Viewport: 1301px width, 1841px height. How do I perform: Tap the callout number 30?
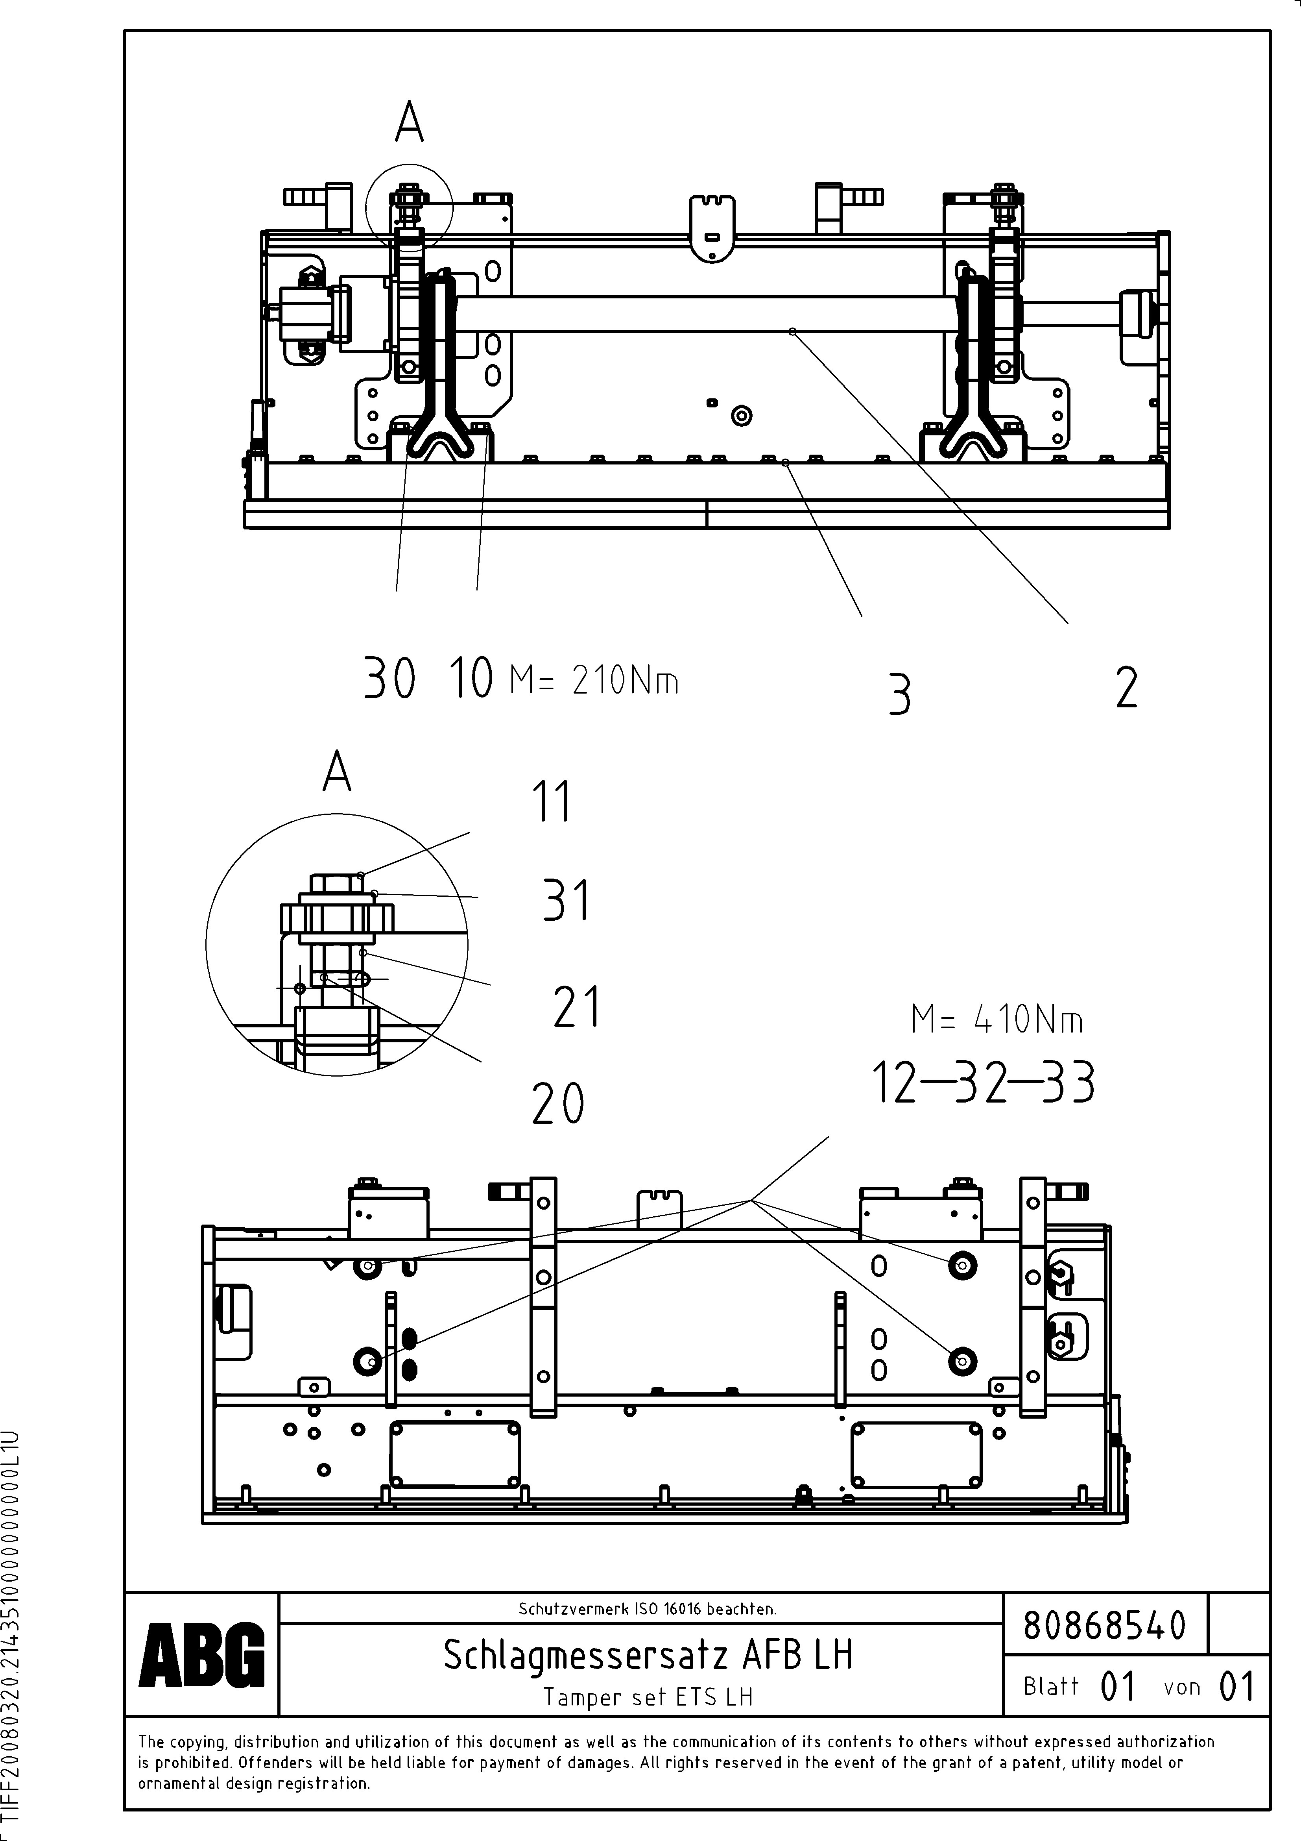(389, 678)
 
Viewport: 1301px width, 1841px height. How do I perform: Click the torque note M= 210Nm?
(594, 681)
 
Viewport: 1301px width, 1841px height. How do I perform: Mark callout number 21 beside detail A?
(576, 1007)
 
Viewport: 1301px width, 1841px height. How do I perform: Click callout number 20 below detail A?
(558, 1104)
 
